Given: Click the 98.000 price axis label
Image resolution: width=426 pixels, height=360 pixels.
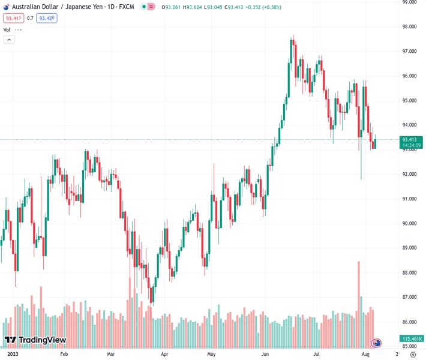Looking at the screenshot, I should [410, 26].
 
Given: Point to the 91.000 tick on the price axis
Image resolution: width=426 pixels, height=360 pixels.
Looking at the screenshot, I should [410, 199].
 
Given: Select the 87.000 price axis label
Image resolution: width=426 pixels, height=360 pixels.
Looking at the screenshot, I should [410, 297].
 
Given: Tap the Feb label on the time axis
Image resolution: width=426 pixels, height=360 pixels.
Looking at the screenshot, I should [64, 355].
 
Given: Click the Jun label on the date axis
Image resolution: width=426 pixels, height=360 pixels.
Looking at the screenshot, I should [265, 355].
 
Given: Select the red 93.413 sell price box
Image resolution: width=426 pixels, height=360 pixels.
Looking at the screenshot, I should [13, 19].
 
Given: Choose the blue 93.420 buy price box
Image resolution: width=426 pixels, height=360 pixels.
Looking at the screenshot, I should [46, 19].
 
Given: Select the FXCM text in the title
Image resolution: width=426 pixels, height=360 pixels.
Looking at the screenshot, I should [127, 7].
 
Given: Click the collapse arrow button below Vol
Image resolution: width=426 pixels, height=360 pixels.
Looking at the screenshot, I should [9, 40].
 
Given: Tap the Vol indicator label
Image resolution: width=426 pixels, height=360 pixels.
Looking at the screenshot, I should [7, 29].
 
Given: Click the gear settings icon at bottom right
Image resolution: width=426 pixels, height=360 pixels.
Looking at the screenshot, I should [412, 355].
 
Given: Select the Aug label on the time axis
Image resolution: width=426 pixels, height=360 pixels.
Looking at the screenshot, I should [365, 355].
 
